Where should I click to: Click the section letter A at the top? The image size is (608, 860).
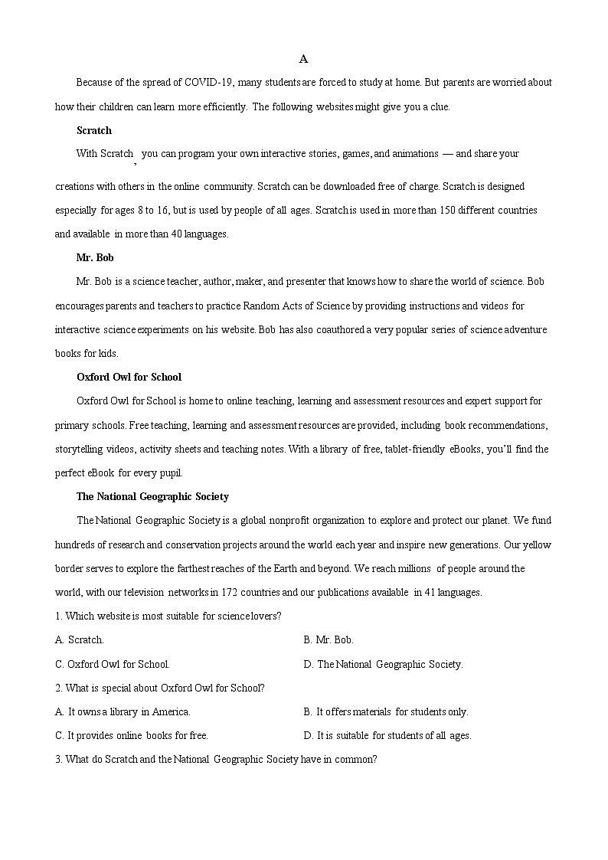click(303, 59)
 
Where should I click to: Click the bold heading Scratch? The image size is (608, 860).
click(93, 130)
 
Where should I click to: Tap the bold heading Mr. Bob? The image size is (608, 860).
click(95, 257)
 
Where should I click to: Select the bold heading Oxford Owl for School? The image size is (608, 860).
click(129, 377)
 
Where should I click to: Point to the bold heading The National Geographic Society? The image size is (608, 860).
click(152, 496)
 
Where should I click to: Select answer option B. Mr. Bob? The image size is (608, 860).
click(329, 639)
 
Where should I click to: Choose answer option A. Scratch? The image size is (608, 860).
click(80, 639)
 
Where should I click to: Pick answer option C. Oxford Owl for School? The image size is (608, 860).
click(113, 664)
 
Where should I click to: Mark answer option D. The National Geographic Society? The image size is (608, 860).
click(383, 664)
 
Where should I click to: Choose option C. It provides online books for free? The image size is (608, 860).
click(132, 735)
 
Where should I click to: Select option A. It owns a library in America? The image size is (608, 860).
click(123, 711)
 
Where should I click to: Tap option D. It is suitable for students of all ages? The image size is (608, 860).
click(387, 735)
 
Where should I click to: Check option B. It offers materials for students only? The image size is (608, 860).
click(386, 711)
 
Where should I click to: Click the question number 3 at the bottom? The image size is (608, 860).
click(57, 760)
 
